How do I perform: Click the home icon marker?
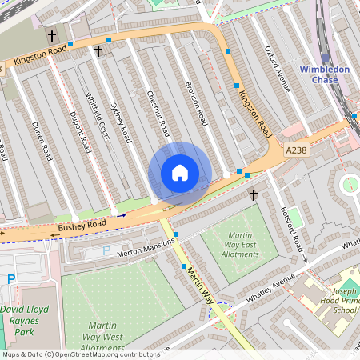180,173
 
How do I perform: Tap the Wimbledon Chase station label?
324,74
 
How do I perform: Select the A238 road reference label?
296,150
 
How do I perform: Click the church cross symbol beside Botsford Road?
254,194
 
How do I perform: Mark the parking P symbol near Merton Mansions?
106,250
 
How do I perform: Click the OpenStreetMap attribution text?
81,354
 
